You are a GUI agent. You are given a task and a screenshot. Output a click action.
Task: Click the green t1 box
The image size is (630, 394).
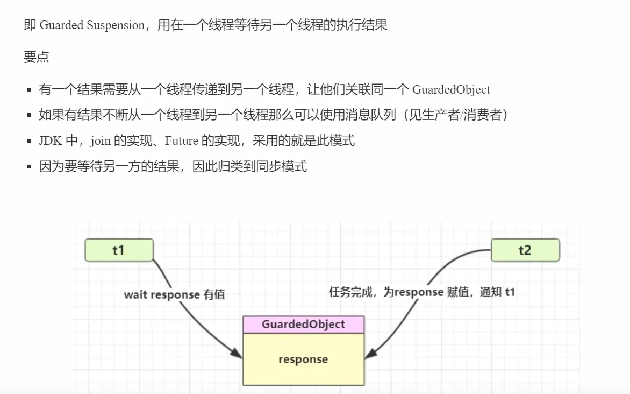coord(119,250)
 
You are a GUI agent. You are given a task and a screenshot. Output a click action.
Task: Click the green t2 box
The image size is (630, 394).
coord(525,250)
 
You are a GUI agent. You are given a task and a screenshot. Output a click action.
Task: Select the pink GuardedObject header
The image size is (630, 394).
coord(303,325)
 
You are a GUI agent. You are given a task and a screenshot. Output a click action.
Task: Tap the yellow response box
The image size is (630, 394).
coord(303,359)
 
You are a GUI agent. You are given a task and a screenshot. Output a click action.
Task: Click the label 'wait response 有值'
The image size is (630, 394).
coord(174,294)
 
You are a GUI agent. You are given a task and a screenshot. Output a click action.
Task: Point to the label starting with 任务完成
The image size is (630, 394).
coord(421,292)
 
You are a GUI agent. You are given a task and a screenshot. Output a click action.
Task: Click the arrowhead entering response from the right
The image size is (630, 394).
coord(370,354)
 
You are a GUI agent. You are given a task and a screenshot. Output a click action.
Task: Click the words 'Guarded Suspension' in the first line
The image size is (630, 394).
coord(92,25)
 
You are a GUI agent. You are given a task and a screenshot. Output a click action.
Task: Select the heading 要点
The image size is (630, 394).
coord(36,57)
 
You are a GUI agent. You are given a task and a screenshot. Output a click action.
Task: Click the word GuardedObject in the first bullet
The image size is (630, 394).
coord(451,89)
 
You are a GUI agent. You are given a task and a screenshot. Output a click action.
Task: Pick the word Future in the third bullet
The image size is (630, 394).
coord(181,141)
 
